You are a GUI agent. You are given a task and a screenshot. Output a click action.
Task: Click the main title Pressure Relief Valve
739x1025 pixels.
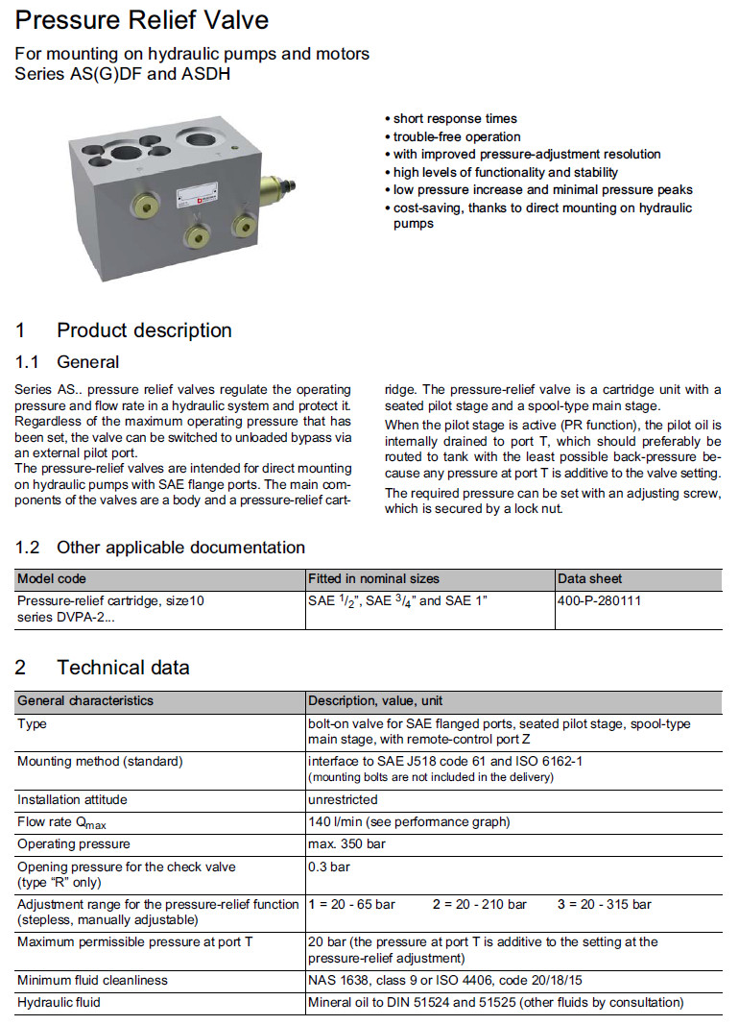[142, 20]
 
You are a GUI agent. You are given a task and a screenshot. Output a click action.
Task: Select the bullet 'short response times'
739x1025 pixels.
[455, 119]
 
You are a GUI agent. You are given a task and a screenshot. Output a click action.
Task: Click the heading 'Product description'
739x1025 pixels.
[144, 330]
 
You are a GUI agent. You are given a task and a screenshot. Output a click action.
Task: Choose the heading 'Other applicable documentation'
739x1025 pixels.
[180, 548]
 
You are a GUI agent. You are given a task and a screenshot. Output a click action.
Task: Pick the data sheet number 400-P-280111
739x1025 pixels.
[599, 600]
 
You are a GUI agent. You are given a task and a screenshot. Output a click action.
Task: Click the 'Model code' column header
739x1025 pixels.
[52, 579]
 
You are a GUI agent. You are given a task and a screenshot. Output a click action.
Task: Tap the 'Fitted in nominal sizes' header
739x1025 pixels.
[373, 579]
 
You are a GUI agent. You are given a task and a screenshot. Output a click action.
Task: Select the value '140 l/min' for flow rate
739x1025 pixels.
[333, 822]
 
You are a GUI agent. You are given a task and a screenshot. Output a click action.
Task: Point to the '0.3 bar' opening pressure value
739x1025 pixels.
[328, 866]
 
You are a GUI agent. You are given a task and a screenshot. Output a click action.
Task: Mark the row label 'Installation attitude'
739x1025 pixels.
[72, 799]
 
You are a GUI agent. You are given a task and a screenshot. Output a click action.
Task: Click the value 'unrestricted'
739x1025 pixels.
[343, 799]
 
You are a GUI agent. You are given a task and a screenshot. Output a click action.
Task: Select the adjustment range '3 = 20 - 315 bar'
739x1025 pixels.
[604, 905]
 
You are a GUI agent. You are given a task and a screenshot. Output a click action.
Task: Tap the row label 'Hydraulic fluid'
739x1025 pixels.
[59, 1002]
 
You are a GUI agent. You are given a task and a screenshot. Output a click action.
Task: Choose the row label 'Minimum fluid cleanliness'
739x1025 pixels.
[92, 980]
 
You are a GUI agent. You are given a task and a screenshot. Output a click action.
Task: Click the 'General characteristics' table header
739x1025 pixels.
[85, 700]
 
